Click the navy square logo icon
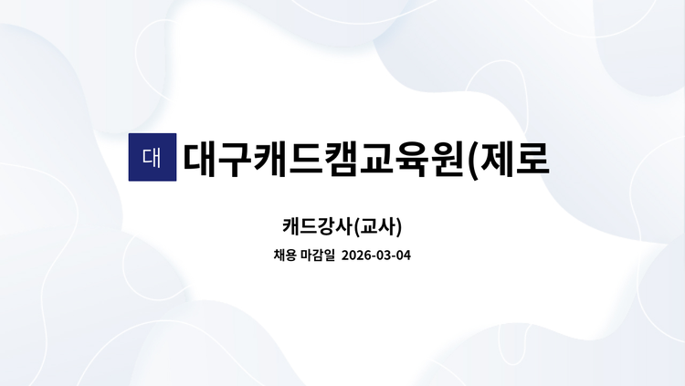pyautogui.click(x=152, y=157)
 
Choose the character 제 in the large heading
pyautogui.click(x=509, y=158)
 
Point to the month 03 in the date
pyautogui.click(x=381, y=256)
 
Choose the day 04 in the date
pyautogui.click(x=402, y=256)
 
